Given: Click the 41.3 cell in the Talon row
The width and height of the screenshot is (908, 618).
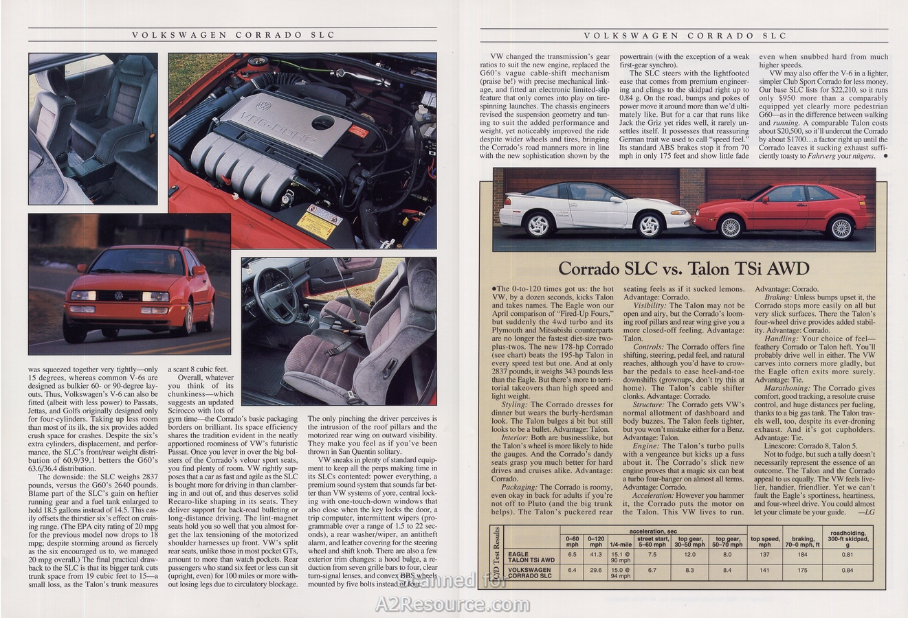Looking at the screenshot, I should click(x=596, y=554).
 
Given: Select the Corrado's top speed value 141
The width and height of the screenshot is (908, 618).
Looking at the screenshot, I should click(x=764, y=570).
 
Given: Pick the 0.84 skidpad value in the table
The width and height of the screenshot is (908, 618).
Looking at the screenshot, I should click(x=847, y=570).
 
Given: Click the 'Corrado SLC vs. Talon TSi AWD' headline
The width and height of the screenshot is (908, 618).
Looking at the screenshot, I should click(x=683, y=268).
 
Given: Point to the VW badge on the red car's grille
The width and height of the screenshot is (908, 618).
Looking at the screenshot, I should click(x=118, y=296).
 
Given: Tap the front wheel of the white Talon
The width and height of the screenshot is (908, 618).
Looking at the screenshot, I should click(x=538, y=225).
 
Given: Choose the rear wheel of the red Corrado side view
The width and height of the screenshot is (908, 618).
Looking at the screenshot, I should click(x=842, y=227).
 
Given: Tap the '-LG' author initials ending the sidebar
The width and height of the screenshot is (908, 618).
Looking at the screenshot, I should click(x=866, y=512).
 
